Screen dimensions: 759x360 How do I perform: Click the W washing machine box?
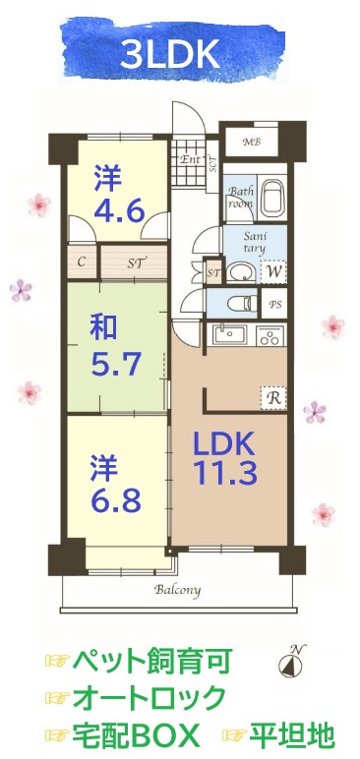tap(275, 269)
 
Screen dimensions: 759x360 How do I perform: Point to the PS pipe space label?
tap(276, 305)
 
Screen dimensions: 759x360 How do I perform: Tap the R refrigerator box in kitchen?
tap(274, 398)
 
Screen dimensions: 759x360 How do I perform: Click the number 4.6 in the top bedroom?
tap(119, 209)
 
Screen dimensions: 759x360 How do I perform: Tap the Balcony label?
tap(177, 591)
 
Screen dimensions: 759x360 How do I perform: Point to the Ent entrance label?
tap(189, 157)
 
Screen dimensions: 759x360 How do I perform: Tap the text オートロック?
tap(149, 698)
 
